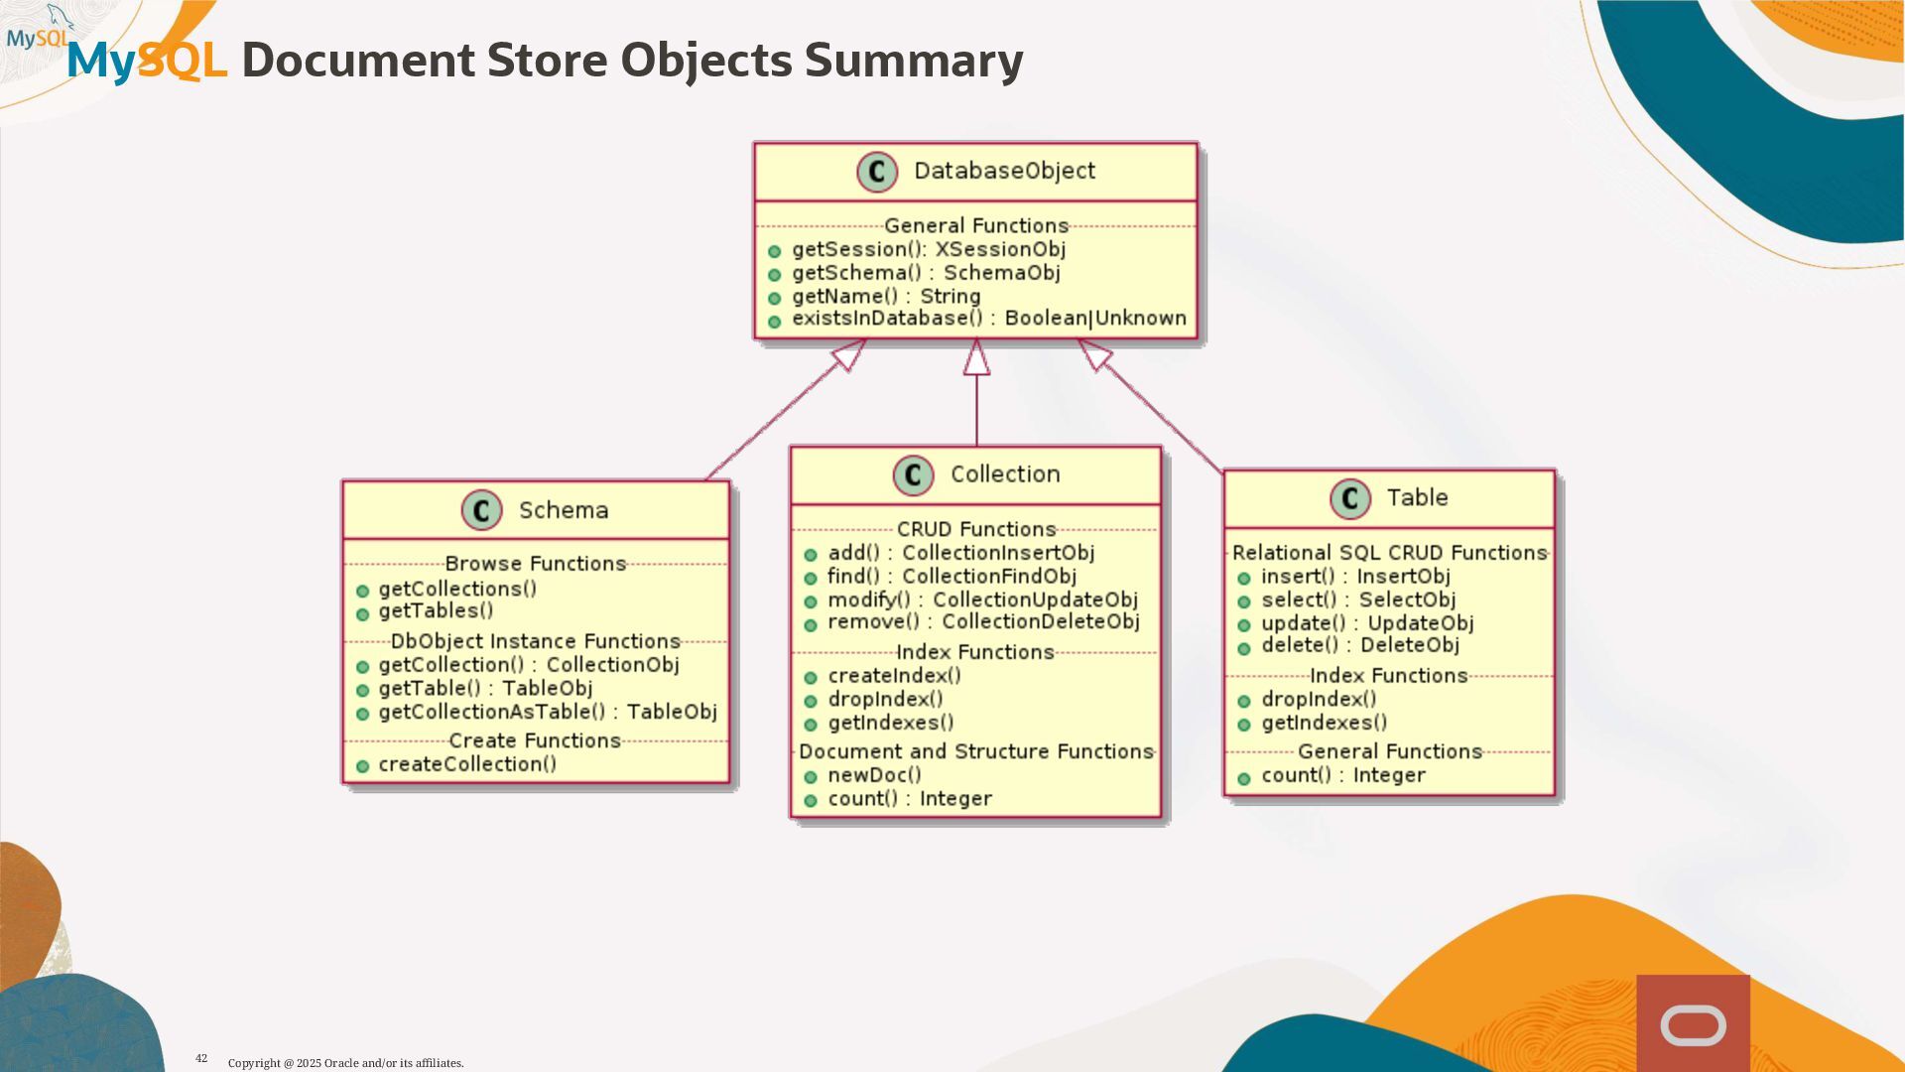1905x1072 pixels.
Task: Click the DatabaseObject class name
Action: [1004, 171]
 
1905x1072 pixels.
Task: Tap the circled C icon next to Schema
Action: [481, 510]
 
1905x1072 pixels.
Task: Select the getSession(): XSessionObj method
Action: [928, 249]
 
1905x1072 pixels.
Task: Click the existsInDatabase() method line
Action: [988, 319]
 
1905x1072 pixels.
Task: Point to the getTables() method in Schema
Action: [436, 611]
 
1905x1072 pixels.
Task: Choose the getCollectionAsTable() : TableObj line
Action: [547, 712]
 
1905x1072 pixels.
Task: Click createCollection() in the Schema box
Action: [467, 764]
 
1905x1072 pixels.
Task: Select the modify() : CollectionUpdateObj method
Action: [982, 600]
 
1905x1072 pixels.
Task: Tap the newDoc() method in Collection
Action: [874, 775]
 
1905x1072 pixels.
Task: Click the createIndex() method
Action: [894, 676]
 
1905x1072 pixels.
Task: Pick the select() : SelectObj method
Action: [1357, 600]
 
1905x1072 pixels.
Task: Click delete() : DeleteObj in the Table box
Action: [1359, 645]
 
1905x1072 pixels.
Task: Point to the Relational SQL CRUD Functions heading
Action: [1389, 553]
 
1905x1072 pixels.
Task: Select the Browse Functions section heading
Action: [535, 564]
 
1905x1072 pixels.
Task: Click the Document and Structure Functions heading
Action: [975, 752]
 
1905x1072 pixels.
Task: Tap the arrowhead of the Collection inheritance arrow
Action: [976, 357]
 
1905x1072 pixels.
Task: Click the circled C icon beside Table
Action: [1349, 498]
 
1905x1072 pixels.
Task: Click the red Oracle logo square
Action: [1693, 1023]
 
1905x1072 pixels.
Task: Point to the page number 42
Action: [201, 1058]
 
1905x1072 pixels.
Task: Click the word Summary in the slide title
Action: [913, 60]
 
